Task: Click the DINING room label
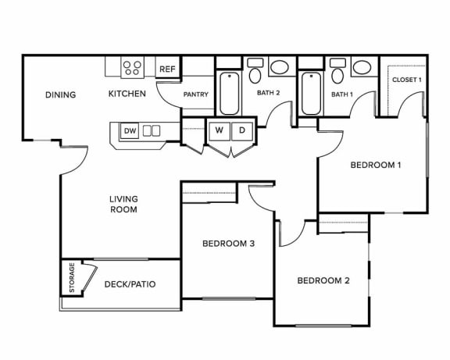click(60, 95)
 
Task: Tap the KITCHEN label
click(127, 94)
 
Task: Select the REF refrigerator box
click(167, 70)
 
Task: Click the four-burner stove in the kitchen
click(133, 68)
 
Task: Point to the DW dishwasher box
click(129, 130)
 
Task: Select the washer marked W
click(219, 130)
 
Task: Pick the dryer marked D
click(242, 130)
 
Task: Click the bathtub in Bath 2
click(228, 93)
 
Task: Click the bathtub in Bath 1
click(309, 93)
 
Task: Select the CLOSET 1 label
click(405, 80)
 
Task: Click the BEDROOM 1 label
click(375, 165)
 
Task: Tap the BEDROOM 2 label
click(322, 280)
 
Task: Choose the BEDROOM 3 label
click(228, 244)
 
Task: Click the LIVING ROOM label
click(123, 204)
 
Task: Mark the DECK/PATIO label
click(130, 283)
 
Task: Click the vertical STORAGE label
click(72, 277)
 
